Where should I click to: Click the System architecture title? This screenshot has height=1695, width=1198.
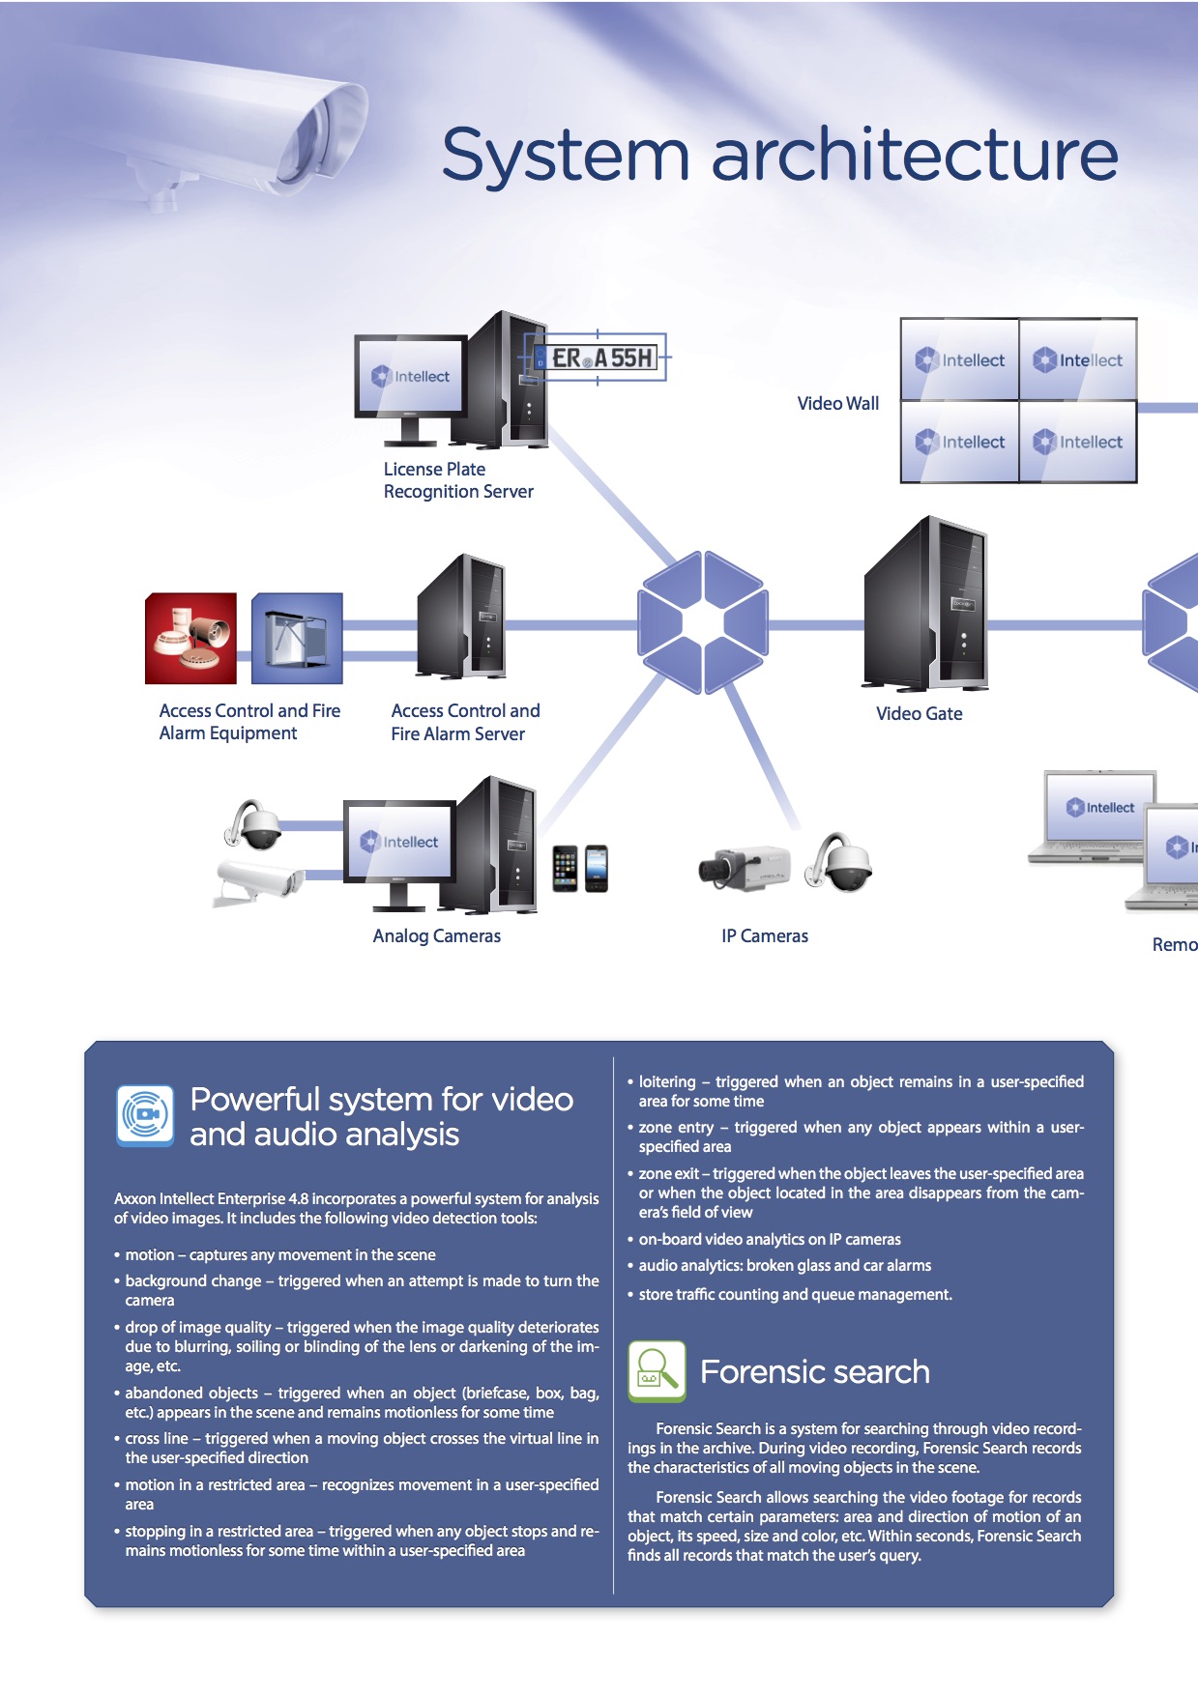point(779,155)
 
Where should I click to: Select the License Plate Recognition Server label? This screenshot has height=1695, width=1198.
point(457,480)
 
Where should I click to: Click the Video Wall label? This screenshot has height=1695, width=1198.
point(837,404)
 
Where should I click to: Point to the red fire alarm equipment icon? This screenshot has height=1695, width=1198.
point(190,638)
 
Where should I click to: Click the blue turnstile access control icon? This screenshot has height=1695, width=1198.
point(297,638)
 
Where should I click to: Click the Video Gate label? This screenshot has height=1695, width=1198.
point(919,714)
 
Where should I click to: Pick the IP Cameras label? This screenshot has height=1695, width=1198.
point(764,936)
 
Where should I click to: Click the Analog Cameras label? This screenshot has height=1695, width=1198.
point(436,936)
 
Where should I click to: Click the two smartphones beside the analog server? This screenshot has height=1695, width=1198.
point(580,868)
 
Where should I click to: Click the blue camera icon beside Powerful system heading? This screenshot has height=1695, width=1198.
point(145,1115)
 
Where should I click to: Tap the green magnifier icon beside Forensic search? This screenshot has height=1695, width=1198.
point(657,1370)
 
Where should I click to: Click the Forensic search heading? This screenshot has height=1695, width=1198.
point(814,1372)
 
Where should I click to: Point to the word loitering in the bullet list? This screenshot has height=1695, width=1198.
point(667,1082)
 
